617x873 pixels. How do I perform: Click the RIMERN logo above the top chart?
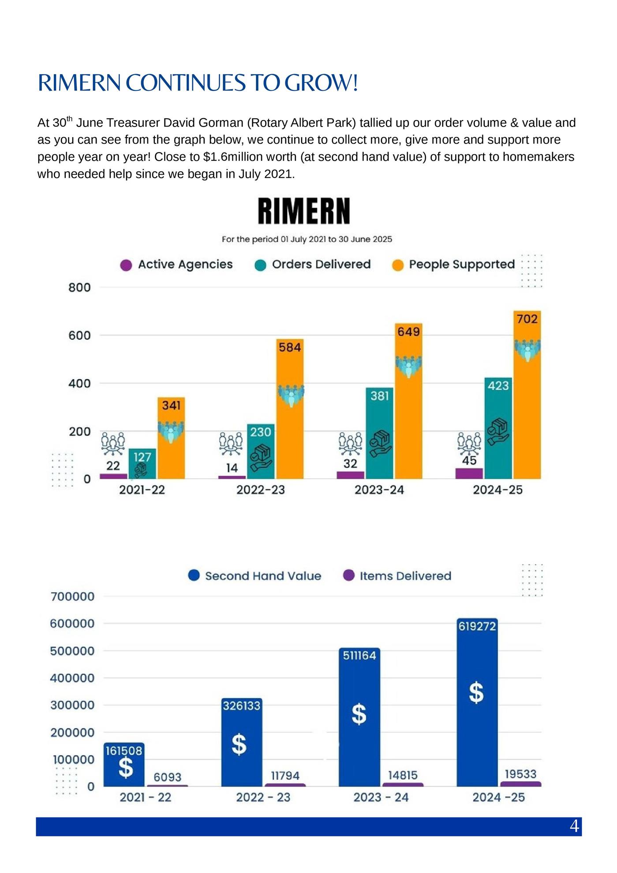point(304,211)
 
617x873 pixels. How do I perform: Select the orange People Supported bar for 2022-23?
point(290,409)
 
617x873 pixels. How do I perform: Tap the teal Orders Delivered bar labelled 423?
point(498,428)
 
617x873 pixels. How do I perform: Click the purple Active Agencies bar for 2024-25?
point(469,474)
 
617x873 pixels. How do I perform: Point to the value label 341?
point(171,405)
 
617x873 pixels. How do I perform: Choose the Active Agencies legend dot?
point(126,265)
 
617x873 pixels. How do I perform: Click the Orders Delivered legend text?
point(321,264)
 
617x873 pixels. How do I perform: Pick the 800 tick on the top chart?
point(79,287)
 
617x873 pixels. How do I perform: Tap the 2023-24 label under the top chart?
point(379,490)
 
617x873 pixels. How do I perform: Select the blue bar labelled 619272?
point(477,702)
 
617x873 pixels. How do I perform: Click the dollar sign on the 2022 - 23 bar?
point(239,744)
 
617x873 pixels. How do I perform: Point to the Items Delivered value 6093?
point(168,777)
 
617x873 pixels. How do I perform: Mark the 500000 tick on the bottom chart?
point(72,651)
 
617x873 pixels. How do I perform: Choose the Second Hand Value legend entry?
point(255,576)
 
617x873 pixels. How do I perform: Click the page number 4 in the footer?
point(574,826)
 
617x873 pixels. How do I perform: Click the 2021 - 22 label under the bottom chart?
point(145,797)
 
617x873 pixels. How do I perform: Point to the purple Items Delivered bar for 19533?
point(520,784)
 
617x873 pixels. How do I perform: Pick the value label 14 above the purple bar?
point(232,468)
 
